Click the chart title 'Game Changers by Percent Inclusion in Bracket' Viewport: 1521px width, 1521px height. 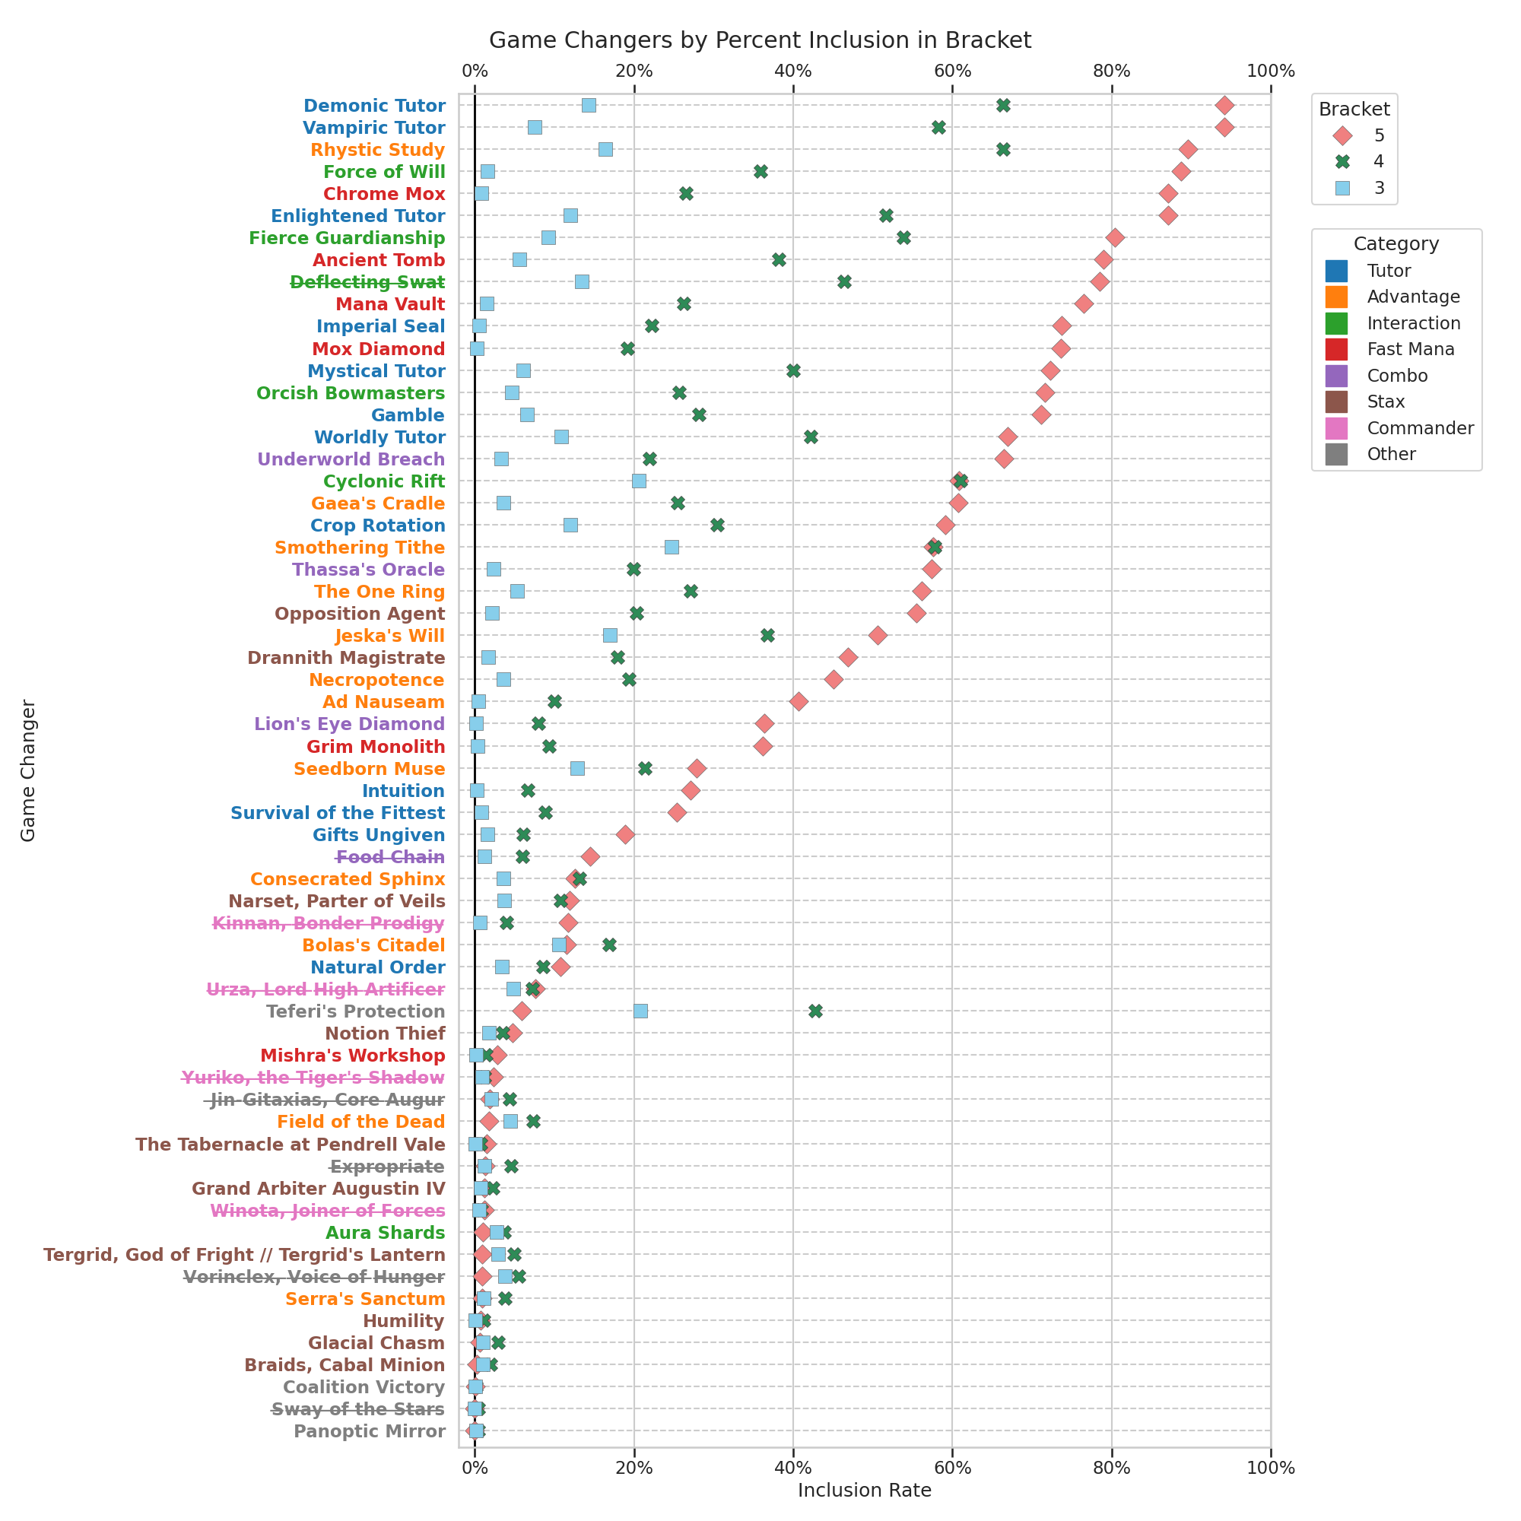(760, 41)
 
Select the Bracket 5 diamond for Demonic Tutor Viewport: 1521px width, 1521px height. (1224, 106)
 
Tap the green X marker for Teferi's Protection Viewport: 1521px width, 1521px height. (814, 1011)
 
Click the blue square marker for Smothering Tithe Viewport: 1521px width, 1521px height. (672, 547)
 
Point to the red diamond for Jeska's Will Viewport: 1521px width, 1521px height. (878, 635)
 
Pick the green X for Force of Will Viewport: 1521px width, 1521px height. (760, 172)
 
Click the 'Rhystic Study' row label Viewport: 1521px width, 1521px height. (377, 150)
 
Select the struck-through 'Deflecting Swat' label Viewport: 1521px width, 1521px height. (367, 282)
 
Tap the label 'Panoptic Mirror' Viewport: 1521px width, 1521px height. (370, 1431)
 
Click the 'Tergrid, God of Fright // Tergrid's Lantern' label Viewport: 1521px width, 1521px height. (244, 1255)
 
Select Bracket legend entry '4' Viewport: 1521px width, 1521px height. (1379, 161)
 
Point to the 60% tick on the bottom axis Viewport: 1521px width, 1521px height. (952, 1468)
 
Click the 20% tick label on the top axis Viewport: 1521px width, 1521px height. (633, 71)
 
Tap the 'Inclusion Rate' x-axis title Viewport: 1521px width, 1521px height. (865, 1490)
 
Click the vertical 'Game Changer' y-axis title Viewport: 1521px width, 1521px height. (28, 770)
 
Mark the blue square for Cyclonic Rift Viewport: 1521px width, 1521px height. (639, 481)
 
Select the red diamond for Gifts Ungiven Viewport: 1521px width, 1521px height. (625, 834)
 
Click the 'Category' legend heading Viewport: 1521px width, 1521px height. (1396, 244)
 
